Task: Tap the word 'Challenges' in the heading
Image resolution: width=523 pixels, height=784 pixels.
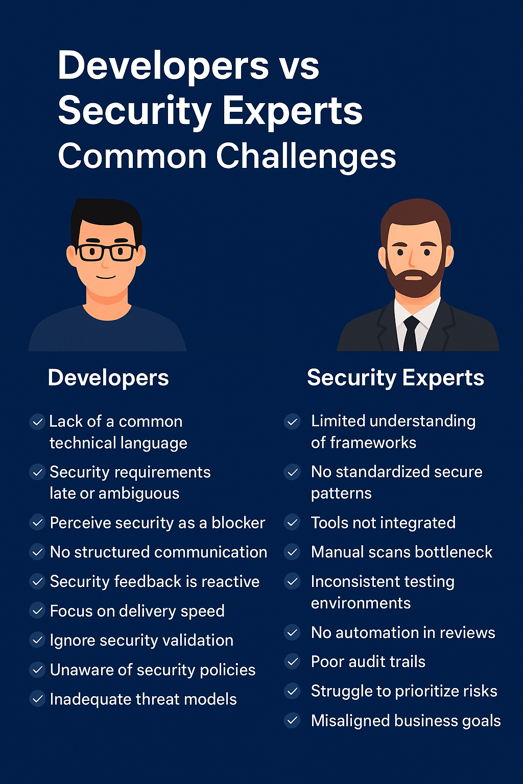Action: [306, 156]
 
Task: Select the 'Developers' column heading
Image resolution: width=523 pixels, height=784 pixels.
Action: [108, 378]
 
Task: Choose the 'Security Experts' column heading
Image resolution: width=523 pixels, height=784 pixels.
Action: [395, 378]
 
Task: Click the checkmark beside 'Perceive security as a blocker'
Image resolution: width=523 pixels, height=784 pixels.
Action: [37, 523]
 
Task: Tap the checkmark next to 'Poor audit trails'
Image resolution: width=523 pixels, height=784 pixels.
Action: [292, 662]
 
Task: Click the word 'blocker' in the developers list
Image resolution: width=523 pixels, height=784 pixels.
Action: [239, 523]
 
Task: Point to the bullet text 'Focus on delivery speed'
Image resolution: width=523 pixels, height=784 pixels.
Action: [137, 611]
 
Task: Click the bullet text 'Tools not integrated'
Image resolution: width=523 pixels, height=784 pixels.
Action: [383, 523]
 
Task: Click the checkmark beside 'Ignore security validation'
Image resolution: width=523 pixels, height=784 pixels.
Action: [37, 640]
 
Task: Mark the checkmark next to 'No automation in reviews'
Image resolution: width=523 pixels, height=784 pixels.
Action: [292, 633]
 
